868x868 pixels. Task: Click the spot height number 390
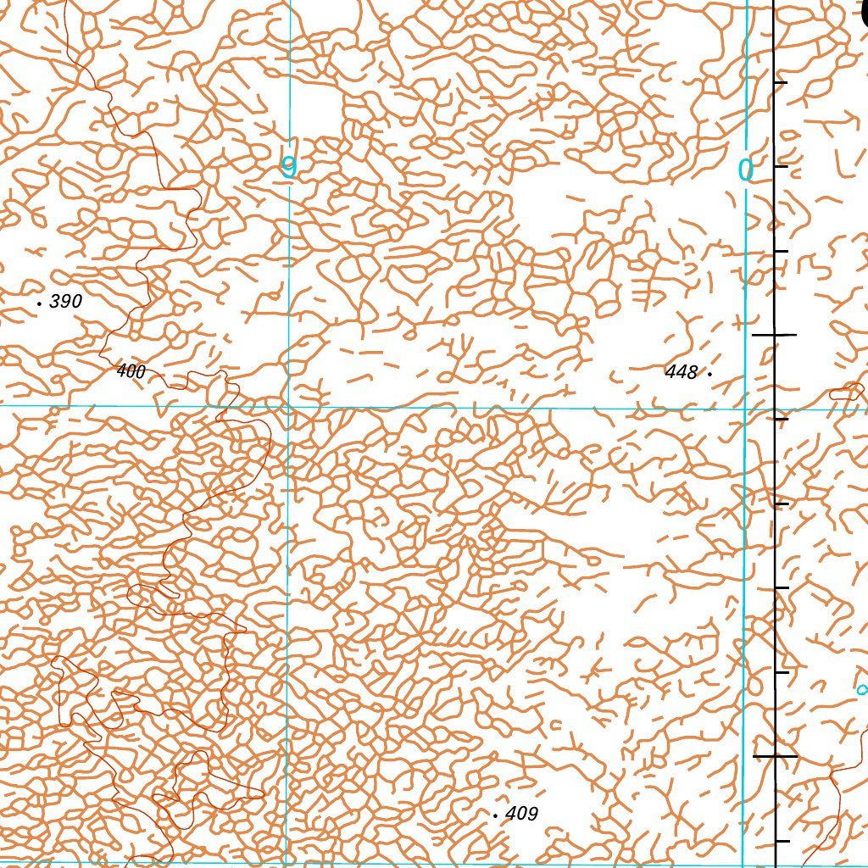coord(65,301)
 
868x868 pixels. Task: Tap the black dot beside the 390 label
coord(40,302)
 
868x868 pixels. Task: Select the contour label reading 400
coord(131,371)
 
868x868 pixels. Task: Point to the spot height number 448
coord(682,372)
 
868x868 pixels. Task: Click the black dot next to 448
coord(709,372)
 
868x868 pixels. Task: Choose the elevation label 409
coord(521,814)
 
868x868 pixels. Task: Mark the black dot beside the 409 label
coord(495,815)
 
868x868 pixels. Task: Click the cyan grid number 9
coord(289,168)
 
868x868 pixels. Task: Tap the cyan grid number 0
coord(745,171)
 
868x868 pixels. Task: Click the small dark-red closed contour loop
coord(845,392)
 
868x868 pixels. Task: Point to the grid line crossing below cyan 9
coord(288,407)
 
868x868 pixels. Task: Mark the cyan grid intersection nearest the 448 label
coord(745,409)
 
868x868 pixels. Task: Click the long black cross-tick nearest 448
coord(775,336)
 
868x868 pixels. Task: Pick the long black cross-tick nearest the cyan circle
coord(776,755)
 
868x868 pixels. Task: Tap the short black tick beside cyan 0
coord(781,166)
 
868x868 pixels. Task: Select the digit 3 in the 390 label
coord(55,301)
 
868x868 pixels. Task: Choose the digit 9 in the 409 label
coord(531,814)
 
